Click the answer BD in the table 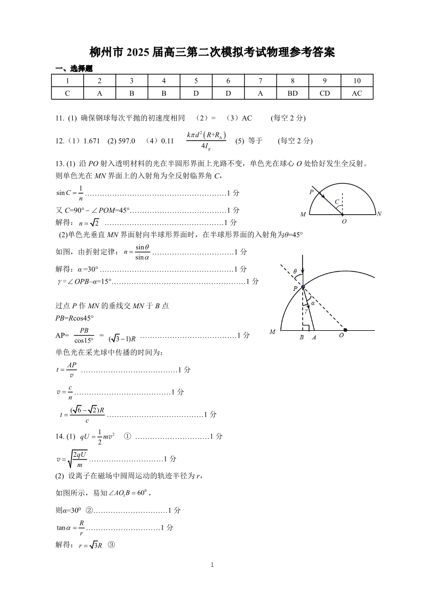point(293,93)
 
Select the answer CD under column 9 point(325,93)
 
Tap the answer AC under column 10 point(357,93)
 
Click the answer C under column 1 point(67,93)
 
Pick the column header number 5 point(196,81)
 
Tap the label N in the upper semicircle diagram point(379,214)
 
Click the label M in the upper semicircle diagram point(303,214)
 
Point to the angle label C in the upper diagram point(336,201)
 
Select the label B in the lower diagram point(302,337)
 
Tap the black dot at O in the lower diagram point(345,330)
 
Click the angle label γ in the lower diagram point(305,310)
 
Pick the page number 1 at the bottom point(212,565)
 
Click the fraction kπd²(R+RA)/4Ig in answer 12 point(206,141)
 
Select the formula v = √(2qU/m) point(72,458)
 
